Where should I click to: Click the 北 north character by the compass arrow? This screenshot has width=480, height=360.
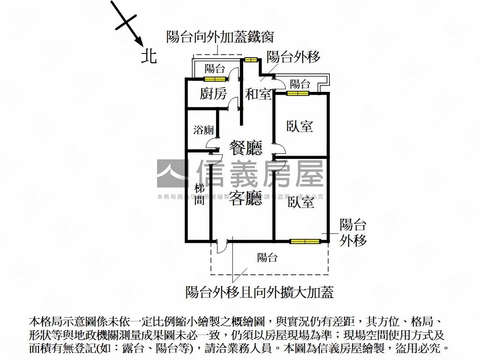149,57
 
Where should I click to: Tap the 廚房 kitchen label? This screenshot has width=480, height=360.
213,94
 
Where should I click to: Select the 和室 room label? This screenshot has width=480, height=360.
258,94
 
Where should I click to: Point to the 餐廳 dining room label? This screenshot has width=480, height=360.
246,148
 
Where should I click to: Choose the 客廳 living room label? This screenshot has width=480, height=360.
246,199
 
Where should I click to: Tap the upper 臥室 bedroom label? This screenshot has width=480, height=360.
300,126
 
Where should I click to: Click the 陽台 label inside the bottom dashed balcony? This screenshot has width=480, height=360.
267,257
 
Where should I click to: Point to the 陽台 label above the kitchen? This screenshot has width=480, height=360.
215,69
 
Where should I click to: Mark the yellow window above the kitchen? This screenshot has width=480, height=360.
215,79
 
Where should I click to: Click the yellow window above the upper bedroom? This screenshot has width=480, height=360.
298,93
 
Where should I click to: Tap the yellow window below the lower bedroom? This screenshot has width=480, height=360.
305,242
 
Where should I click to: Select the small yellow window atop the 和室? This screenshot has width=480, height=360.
251,60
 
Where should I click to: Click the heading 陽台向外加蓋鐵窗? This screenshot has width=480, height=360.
220,37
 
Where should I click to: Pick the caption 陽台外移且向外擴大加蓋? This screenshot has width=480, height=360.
260,292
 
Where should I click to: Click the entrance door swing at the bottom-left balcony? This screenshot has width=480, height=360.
222,247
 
